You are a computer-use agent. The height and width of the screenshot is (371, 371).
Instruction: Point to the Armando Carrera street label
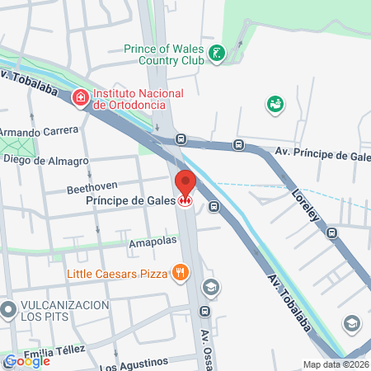pos(39,131)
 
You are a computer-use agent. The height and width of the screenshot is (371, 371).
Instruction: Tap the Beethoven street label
pos(92,189)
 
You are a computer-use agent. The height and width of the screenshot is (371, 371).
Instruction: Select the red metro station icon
pos(186,200)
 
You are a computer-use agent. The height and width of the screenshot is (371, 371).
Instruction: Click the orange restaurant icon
pos(179,272)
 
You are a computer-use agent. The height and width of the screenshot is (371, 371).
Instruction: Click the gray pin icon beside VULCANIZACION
pos(9,311)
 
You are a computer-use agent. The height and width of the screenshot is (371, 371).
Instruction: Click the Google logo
pos(26,361)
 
